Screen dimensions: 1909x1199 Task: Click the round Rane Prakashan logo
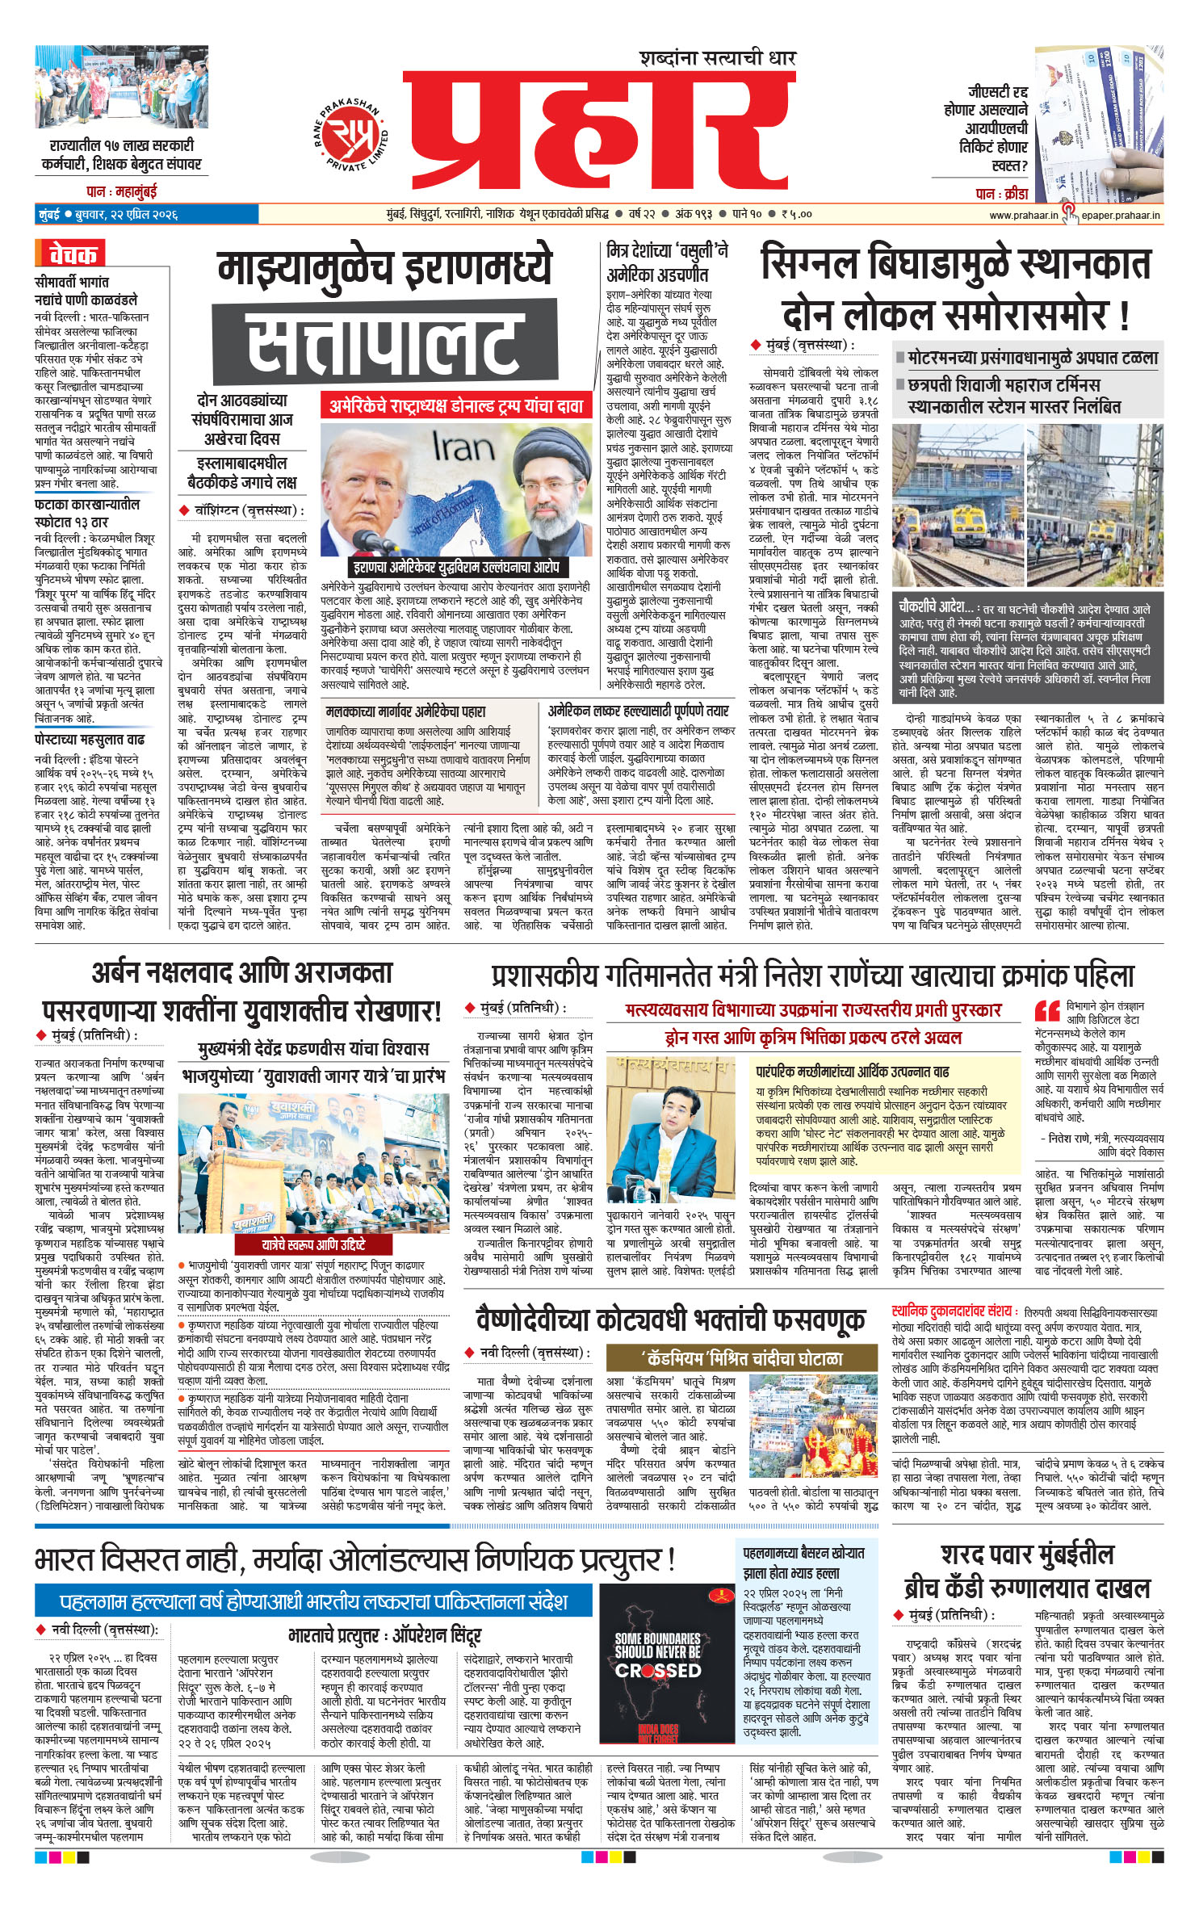click(x=350, y=132)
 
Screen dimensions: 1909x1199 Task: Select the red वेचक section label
click(x=71, y=254)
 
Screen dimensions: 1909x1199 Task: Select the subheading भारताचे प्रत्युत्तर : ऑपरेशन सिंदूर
click(x=384, y=1636)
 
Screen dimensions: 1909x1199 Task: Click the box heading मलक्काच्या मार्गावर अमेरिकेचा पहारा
click(x=405, y=711)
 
